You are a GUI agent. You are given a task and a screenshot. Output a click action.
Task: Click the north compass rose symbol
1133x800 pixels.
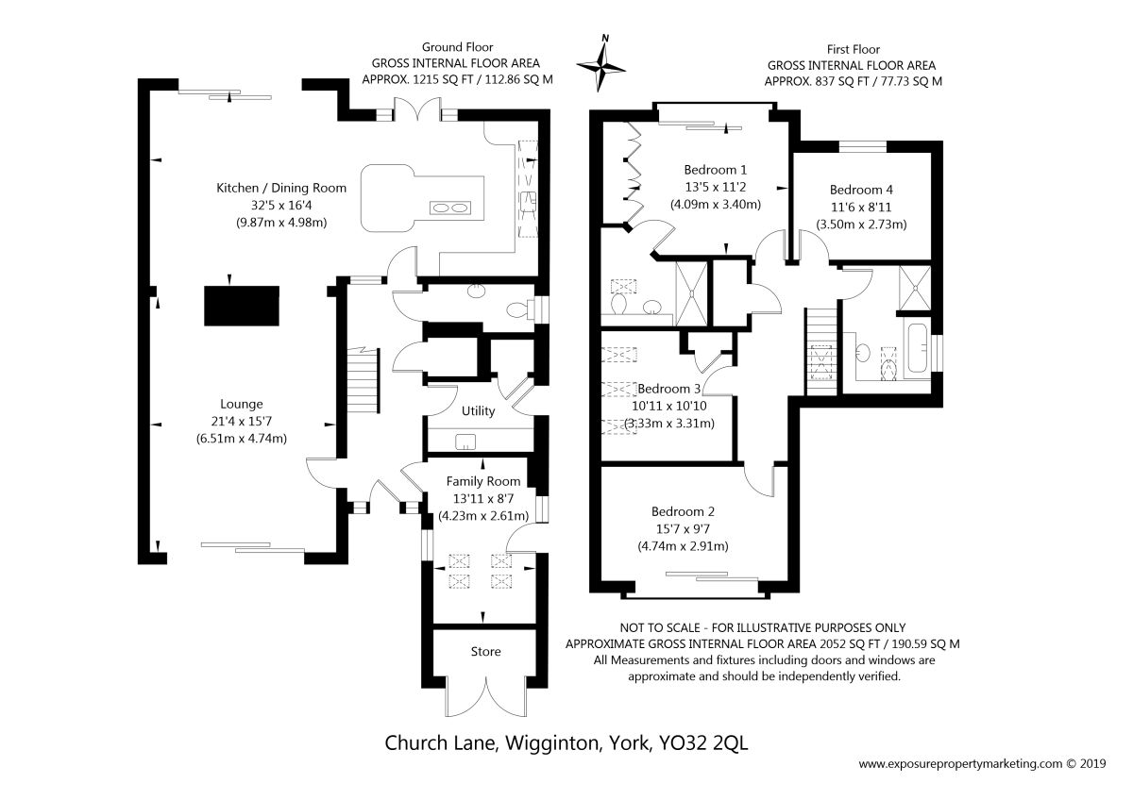pyautogui.click(x=605, y=64)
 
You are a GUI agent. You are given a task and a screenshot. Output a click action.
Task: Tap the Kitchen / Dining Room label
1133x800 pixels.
pyautogui.click(x=281, y=188)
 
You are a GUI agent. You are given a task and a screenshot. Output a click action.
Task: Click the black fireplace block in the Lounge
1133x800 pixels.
pyautogui.click(x=242, y=305)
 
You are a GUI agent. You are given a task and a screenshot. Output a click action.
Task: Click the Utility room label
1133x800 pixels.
pyautogui.click(x=479, y=412)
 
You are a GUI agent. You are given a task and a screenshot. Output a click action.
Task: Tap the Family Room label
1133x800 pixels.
pyautogui.click(x=483, y=481)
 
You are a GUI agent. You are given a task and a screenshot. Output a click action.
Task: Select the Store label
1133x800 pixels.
pyautogui.click(x=485, y=651)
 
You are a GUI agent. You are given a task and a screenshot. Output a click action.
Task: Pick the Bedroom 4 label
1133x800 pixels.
pyautogui.click(x=861, y=189)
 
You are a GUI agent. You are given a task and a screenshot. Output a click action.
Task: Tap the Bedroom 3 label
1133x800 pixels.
pyautogui.click(x=669, y=389)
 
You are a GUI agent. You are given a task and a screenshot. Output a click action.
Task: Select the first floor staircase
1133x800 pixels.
pyautogui.click(x=820, y=355)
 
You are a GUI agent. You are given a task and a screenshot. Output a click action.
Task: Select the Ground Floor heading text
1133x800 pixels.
pyautogui.click(x=457, y=46)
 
